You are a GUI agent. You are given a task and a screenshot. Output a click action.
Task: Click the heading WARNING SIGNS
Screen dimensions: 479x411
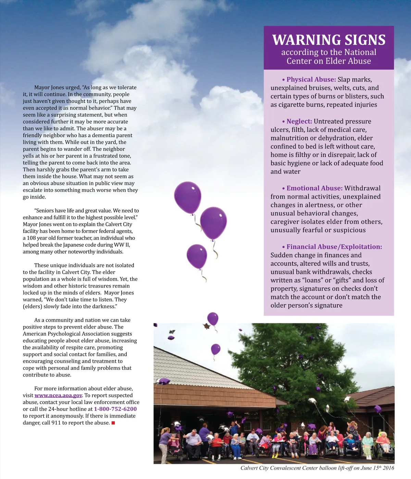pyautogui.click(x=329, y=40)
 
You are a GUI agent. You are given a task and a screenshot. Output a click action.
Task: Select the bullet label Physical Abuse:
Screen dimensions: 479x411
pyautogui.click(x=311, y=79)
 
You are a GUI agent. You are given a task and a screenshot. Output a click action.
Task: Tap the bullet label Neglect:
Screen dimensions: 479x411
pyautogui.click(x=299, y=121)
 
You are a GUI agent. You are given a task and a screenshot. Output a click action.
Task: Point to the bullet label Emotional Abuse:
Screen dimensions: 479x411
pyautogui.click(x=314, y=188)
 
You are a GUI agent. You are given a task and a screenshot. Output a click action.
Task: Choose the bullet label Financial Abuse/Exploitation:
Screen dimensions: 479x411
pyautogui.click(x=334, y=247)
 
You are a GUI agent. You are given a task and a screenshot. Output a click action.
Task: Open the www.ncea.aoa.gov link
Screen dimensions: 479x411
pyautogui.click(x=58, y=396)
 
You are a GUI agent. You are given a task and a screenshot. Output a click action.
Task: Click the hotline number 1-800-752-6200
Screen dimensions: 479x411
pyautogui.click(x=115, y=409)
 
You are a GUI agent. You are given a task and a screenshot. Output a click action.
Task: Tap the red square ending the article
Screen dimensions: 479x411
pyautogui.click(x=113, y=423)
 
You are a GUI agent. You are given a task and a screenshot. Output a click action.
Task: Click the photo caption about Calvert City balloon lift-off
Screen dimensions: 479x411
pyautogui.click(x=317, y=468)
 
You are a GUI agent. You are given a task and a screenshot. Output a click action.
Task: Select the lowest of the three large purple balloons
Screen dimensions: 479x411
pyautogui.click(x=197, y=256)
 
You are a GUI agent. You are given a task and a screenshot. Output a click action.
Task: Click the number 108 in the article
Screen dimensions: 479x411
pyautogui.click(x=32, y=238)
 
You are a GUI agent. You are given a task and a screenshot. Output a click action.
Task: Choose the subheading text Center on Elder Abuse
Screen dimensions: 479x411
pyautogui.click(x=329, y=61)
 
